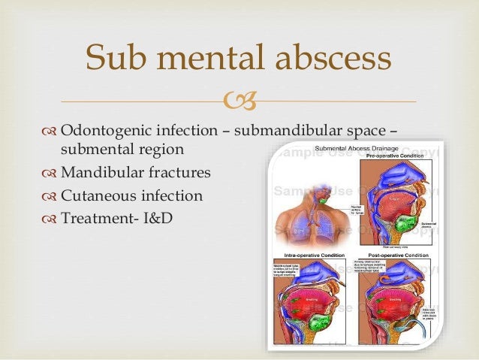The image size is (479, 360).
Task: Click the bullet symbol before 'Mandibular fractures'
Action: [50, 174]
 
